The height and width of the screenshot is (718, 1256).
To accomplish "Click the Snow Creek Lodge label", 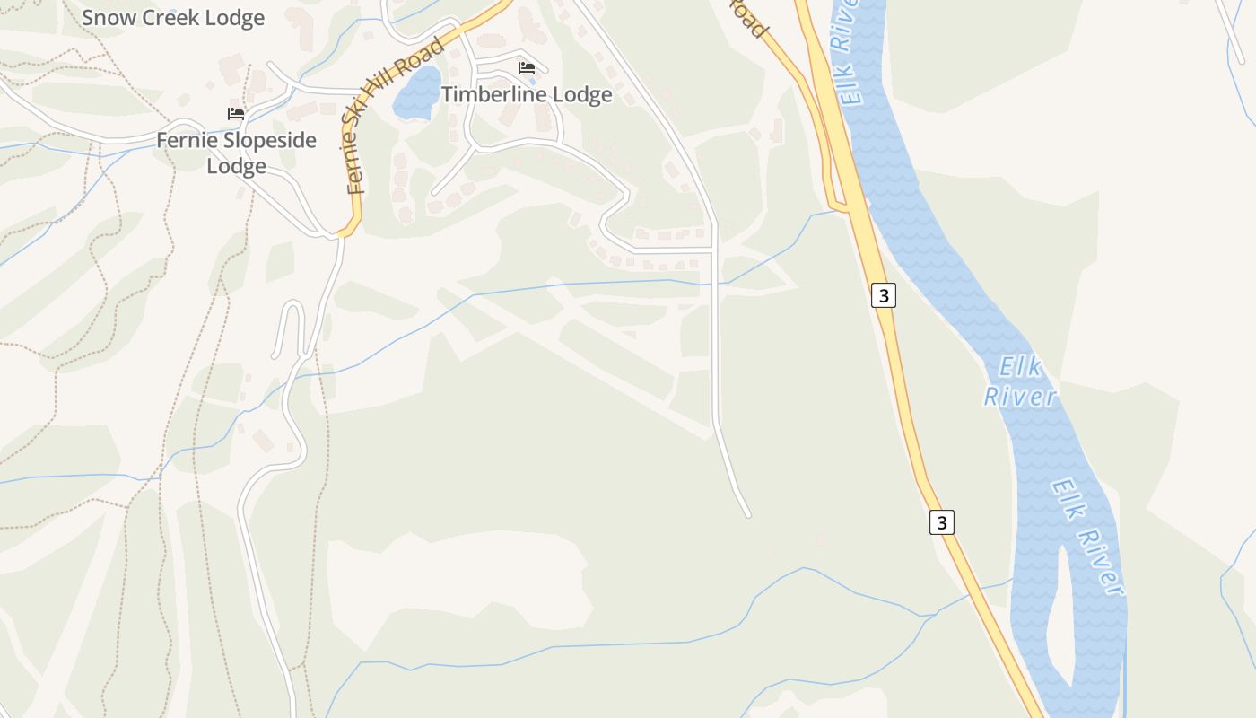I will click(x=173, y=18).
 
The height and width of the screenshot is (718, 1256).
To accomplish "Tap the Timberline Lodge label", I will click(x=527, y=94).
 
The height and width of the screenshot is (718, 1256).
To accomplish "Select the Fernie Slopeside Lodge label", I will click(x=236, y=153).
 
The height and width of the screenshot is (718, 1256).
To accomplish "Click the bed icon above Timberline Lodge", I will click(x=527, y=68).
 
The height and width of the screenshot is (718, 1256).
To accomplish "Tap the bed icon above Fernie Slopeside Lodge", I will click(x=236, y=114).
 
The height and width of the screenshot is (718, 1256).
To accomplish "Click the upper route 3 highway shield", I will click(x=884, y=294).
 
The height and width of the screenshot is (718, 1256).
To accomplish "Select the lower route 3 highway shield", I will click(x=941, y=521).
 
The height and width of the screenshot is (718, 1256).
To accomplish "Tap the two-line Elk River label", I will click(x=1021, y=381).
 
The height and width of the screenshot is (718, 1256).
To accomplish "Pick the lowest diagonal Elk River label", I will click(x=1088, y=537).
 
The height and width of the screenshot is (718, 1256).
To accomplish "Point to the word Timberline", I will click(x=493, y=94).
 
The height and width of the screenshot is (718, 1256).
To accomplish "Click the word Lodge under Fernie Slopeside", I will click(x=236, y=166).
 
